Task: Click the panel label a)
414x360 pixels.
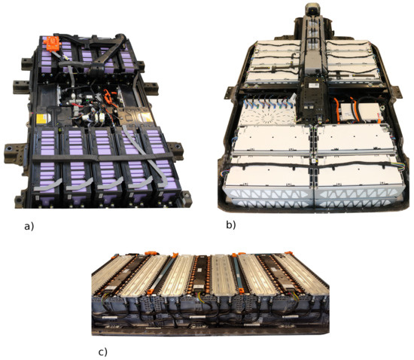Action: coord(29,227)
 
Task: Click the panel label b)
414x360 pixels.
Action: coord(231,224)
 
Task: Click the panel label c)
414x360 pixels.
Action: coord(102,352)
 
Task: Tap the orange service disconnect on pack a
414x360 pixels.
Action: coord(52,44)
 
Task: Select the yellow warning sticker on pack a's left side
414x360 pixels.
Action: coord(41,118)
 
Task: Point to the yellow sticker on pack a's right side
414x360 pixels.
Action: coord(146,117)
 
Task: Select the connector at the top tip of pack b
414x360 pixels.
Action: coord(312,8)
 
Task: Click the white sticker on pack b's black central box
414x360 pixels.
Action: coord(315,85)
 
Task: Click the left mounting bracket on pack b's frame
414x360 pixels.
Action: coord(230,93)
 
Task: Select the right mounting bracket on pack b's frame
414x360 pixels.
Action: coord(397,92)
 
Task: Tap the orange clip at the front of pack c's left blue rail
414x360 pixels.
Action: coord(151,291)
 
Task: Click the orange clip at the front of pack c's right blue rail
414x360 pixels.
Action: coord(242,291)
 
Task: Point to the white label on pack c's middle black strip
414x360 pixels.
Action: coord(197,287)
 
